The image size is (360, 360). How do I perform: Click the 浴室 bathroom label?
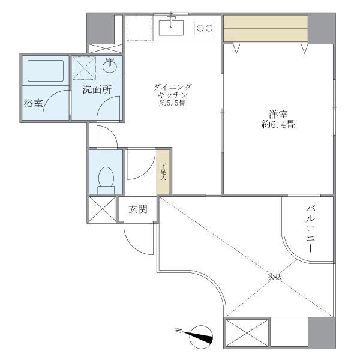point(33,103)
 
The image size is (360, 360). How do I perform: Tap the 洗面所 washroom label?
point(97,90)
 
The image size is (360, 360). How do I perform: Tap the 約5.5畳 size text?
point(172,103)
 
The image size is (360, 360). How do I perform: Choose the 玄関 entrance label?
point(137,209)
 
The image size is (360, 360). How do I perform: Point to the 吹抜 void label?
point(275,277)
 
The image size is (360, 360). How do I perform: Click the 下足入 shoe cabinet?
point(164,171)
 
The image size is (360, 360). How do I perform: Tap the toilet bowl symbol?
point(106,177)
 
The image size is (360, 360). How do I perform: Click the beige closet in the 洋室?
point(266,28)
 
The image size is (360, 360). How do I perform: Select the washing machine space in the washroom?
point(83,67)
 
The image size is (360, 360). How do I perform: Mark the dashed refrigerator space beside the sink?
point(138,28)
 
